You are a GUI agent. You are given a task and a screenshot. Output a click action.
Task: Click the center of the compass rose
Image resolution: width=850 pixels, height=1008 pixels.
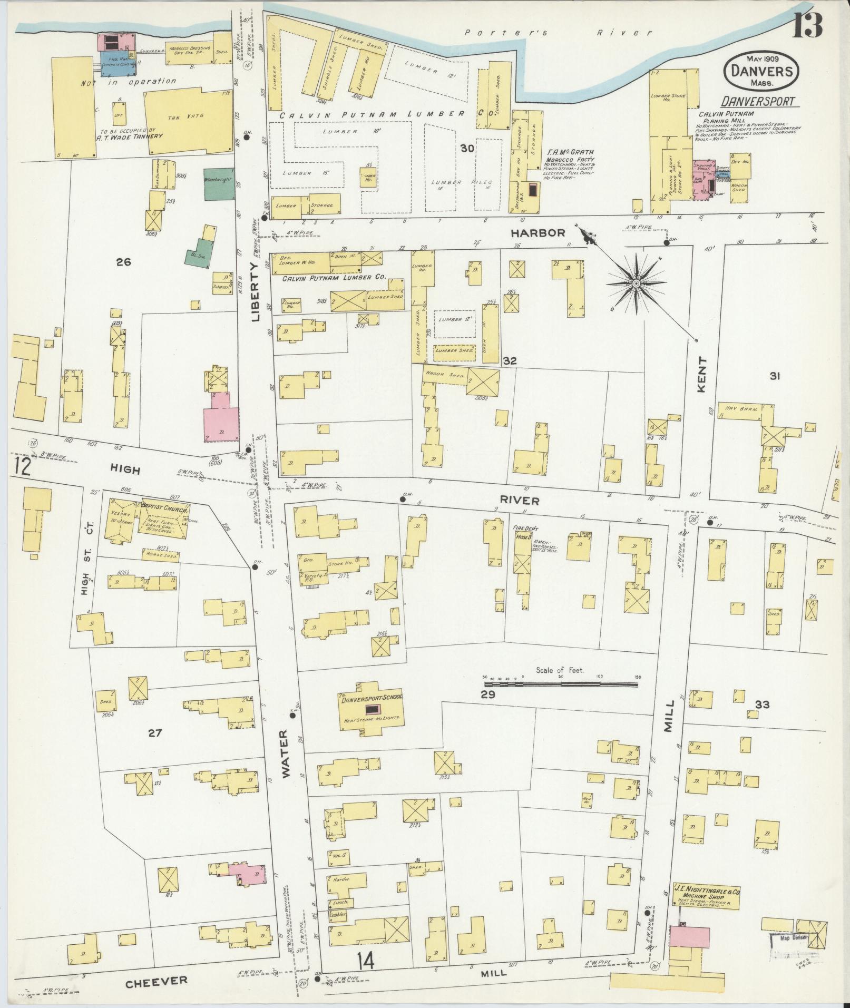(636, 283)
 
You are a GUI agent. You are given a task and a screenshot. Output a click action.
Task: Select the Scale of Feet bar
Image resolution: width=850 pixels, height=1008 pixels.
(561, 684)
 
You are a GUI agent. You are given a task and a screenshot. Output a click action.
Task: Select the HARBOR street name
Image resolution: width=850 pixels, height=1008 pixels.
(538, 232)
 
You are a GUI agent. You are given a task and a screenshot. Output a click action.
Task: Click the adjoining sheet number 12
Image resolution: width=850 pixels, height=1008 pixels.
(22, 467)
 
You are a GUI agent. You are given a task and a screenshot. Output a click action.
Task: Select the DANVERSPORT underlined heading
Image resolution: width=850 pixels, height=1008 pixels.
(758, 101)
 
